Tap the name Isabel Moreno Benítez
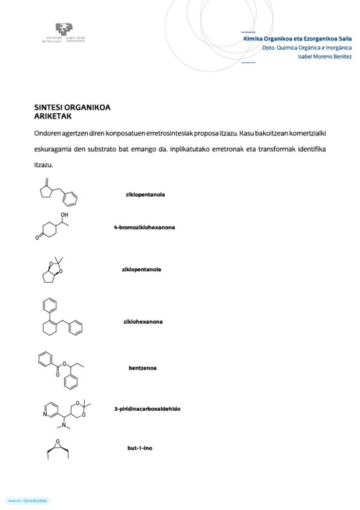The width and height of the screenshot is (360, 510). [325, 57]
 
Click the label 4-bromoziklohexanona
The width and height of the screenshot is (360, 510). [144, 227]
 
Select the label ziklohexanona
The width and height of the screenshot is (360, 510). [143, 321]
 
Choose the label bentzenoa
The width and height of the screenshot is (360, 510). [142, 367]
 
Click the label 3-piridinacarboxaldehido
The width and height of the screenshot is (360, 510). [147, 409]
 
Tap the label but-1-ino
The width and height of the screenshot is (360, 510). [139, 447]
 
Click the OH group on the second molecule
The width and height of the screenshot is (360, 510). [65, 215]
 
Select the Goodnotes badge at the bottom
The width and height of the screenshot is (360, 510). [28, 500]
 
